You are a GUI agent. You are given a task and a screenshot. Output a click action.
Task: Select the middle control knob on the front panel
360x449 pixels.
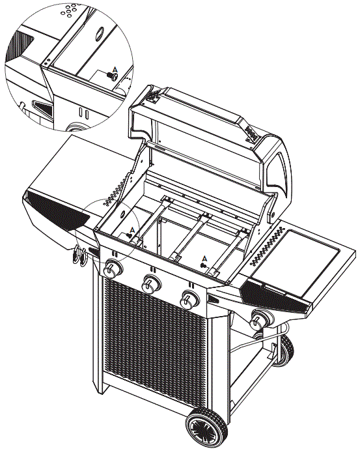click(x=152, y=283)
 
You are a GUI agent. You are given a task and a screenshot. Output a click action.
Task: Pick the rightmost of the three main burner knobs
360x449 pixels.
click(x=190, y=299)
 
